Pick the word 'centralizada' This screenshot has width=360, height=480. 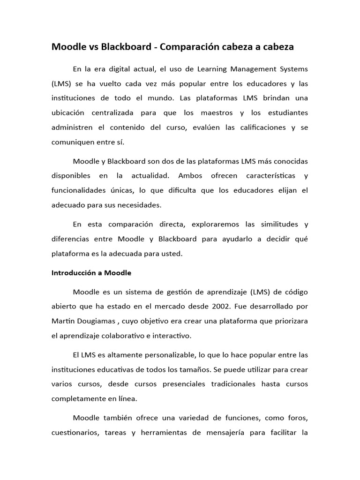(x=112, y=113)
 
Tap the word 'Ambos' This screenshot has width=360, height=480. (x=189, y=176)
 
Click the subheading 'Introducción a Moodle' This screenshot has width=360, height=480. (x=91, y=272)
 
